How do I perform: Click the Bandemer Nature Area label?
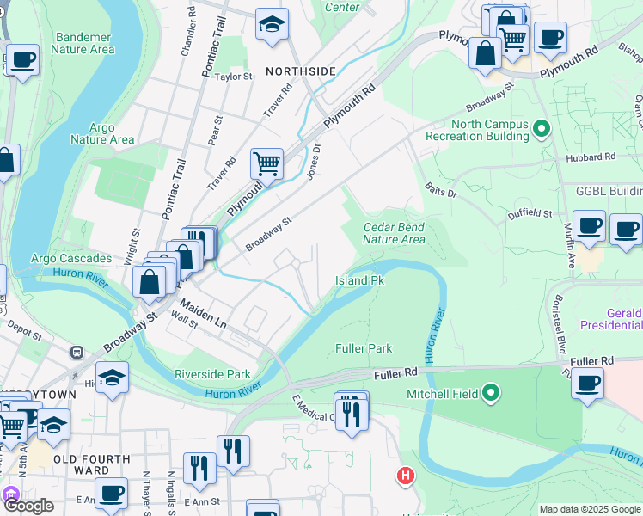pyautogui.click(x=83, y=44)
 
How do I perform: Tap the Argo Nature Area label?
pyautogui.click(x=101, y=133)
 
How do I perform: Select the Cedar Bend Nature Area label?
pyautogui.click(x=394, y=233)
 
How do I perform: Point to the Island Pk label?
pyautogui.click(x=358, y=281)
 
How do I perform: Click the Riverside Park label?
pyautogui.click(x=212, y=374)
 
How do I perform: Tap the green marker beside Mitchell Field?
pyautogui.click(x=491, y=394)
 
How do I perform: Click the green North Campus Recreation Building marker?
pyautogui.click(x=541, y=130)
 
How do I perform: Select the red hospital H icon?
pyautogui.click(x=405, y=475)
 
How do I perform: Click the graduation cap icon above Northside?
pyautogui.click(x=272, y=27)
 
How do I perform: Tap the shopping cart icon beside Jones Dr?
pyautogui.click(x=266, y=162)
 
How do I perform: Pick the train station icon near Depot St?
pyautogui.click(x=77, y=352)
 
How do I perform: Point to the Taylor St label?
pyautogui.click(x=234, y=77)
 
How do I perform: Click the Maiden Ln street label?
pyautogui.click(x=203, y=314)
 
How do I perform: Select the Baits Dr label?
pyautogui.click(x=441, y=189)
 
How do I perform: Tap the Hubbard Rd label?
pyautogui.click(x=591, y=158)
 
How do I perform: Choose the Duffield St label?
pyautogui.click(x=530, y=212)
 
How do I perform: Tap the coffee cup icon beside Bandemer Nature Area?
pyautogui.click(x=22, y=60)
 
